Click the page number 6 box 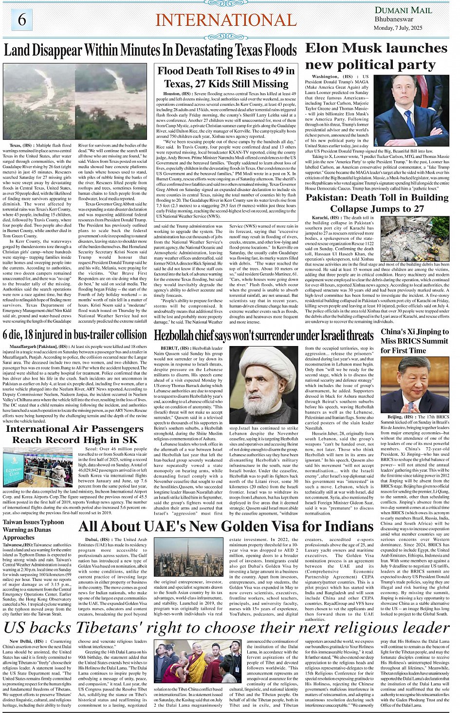22,20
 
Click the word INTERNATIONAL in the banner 226,20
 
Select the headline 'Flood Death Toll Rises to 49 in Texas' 226,77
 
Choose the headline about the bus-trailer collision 74,335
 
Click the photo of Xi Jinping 415,385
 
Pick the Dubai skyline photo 183,557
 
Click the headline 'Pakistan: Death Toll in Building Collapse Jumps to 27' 377,203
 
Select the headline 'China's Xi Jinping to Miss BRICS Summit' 414,341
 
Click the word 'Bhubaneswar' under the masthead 394,19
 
